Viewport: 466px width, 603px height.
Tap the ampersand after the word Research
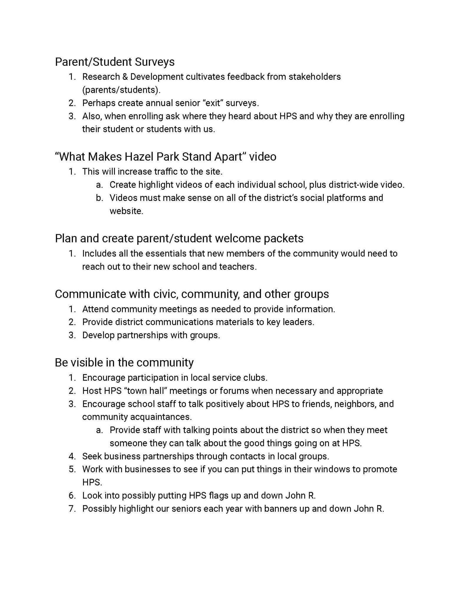pos(125,77)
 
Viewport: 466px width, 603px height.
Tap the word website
pos(126,211)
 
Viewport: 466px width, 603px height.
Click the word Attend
pos(95,309)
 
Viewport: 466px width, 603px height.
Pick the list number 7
pos(72,509)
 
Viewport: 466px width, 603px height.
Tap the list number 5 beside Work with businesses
pos(72,469)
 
